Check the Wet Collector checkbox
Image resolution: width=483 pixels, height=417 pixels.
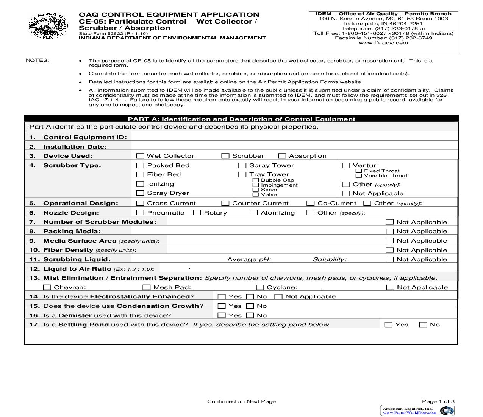click(140, 156)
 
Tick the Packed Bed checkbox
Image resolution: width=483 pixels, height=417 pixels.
click(140, 165)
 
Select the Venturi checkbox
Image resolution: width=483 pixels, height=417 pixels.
click(346, 165)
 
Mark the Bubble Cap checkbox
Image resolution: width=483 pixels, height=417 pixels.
click(256, 180)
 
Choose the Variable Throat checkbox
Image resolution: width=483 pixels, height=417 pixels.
click(359, 176)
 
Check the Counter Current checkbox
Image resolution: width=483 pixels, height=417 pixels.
click(225, 203)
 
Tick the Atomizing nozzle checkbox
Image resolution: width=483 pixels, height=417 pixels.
click(254, 213)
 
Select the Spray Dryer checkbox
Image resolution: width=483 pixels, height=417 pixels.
click(140, 193)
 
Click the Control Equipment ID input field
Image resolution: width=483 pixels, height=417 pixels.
click(294, 137)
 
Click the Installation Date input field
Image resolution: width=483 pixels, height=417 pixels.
click(294, 146)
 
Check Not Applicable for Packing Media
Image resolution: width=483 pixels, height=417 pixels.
click(389, 231)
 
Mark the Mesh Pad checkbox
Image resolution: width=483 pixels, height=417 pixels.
click(147, 287)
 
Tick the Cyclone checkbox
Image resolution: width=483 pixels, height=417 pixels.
click(260, 287)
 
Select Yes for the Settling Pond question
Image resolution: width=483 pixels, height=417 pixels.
click(388, 325)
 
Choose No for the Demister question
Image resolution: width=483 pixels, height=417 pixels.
click(250, 315)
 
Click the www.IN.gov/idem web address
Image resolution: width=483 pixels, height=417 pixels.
click(383, 43)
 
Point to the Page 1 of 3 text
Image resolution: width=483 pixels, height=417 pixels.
click(438, 401)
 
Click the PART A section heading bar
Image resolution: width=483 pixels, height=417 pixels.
click(241, 119)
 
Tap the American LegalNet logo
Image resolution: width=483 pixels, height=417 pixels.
click(417, 411)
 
